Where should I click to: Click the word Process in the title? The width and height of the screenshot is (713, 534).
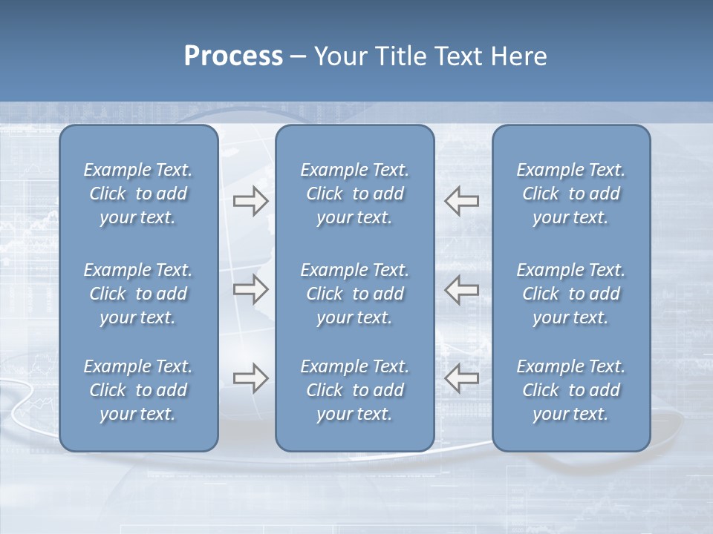pyautogui.click(x=233, y=56)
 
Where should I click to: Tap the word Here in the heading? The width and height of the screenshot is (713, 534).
pyautogui.click(x=519, y=56)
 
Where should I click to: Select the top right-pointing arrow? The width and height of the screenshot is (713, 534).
pyautogui.click(x=250, y=201)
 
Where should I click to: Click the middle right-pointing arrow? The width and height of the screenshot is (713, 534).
pyautogui.click(x=250, y=289)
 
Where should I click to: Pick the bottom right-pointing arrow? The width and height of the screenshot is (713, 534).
pyautogui.click(x=250, y=378)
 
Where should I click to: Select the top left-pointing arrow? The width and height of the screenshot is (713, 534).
pyautogui.click(x=462, y=201)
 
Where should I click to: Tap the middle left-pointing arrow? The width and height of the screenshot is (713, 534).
pyautogui.click(x=462, y=289)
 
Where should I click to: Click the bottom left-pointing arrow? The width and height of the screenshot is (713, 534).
pyautogui.click(x=462, y=378)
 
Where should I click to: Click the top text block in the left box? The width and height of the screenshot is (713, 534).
pyautogui.click(x=138, y=194)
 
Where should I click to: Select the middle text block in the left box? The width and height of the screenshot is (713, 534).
pyautogui.click(x=138, y=294)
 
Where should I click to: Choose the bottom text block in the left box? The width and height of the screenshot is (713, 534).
pyautogui.click(x=138, y=390)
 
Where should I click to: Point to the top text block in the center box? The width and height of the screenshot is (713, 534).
pyautogui.click(x=354, y=194)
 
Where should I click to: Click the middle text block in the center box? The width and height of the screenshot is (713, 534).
pyautogui.click(x=354, y=294)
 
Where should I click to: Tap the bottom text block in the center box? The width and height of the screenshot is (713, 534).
pyautogui.click(x=354, y=390)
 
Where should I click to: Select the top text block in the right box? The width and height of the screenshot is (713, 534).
pyautogui.click(x=570, y=194)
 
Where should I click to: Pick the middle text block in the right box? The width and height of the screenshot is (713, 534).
pyautogui.click(x=570, y=294)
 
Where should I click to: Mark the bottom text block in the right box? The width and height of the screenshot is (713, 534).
pyautogui.click(x=570, y=390)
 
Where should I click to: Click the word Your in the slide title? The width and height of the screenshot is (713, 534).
pyautogui.click(x=339, y=56)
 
